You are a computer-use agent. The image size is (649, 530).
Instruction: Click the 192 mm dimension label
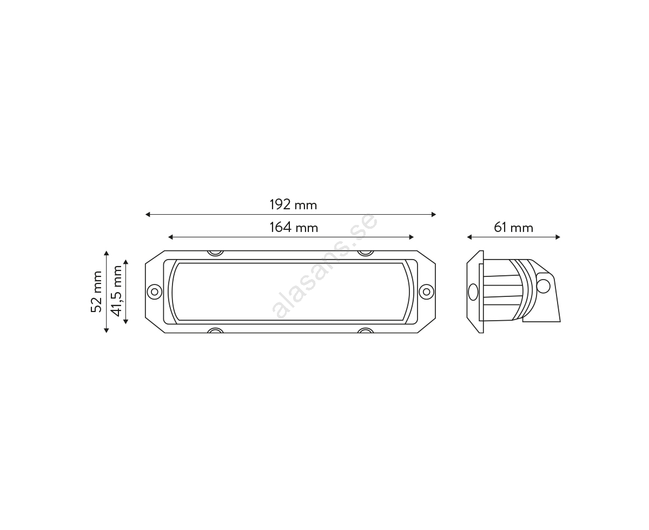point(293,204)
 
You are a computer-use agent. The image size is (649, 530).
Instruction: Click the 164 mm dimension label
point(294,228)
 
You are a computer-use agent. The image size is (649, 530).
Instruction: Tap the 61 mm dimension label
point(513,228)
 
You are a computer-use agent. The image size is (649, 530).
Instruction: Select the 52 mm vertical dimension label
point(96,292)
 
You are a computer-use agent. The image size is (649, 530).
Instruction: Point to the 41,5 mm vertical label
point(116,291)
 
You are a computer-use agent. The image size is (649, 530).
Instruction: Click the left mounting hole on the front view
point(155,291)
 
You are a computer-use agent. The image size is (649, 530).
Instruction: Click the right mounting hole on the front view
point(427,291)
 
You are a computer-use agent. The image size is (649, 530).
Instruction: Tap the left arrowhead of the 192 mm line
point(148,214)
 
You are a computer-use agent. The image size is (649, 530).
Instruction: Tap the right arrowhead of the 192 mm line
point(434,214)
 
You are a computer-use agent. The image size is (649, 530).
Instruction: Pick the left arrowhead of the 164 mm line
point(170,237)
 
